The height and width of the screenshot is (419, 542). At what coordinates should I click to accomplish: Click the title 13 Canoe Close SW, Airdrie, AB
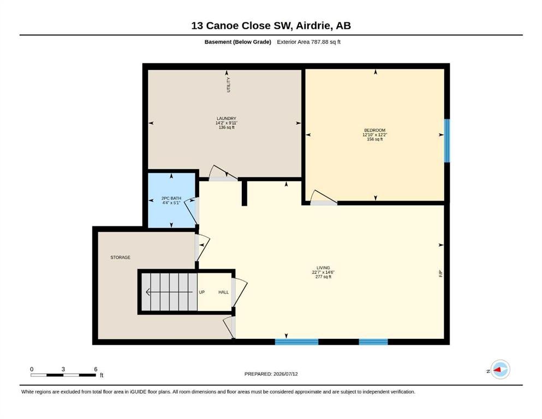[271, 26]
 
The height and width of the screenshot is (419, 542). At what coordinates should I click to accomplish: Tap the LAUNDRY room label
[227, 118]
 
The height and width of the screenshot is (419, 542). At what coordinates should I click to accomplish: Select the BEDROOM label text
[374, 130]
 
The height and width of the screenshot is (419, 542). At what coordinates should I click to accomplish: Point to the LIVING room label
[323, 268]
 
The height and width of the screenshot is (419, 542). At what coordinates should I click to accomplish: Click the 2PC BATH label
[171, 198]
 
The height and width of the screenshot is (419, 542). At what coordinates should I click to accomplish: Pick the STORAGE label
[120, 258]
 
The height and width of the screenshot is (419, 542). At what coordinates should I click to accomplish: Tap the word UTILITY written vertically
[228, 85]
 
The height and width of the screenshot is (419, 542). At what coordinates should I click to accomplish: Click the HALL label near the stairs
[224, 292]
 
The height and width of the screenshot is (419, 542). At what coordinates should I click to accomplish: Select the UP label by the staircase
[202, 292]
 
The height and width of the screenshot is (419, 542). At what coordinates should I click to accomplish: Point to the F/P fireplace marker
[440, 274]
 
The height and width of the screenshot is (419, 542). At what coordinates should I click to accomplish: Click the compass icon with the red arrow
[500, 369]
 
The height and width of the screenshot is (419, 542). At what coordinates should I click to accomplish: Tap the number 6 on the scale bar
[96, 369]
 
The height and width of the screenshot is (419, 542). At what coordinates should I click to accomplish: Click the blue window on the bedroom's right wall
[447, 141]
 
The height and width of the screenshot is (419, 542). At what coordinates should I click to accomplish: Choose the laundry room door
[223, 173]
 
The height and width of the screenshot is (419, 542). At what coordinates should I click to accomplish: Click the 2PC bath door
[192, 211]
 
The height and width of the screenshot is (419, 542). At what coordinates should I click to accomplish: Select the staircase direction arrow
[169, 292]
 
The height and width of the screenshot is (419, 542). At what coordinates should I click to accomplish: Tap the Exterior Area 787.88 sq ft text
[309, 42]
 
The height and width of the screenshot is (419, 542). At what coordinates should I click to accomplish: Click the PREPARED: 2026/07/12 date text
[271, 374]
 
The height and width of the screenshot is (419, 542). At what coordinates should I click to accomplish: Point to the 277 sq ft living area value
[323, 277]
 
